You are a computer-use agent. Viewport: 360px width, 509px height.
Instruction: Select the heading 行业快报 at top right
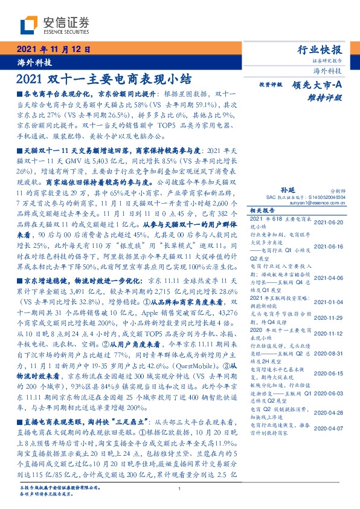click(320, 50)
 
